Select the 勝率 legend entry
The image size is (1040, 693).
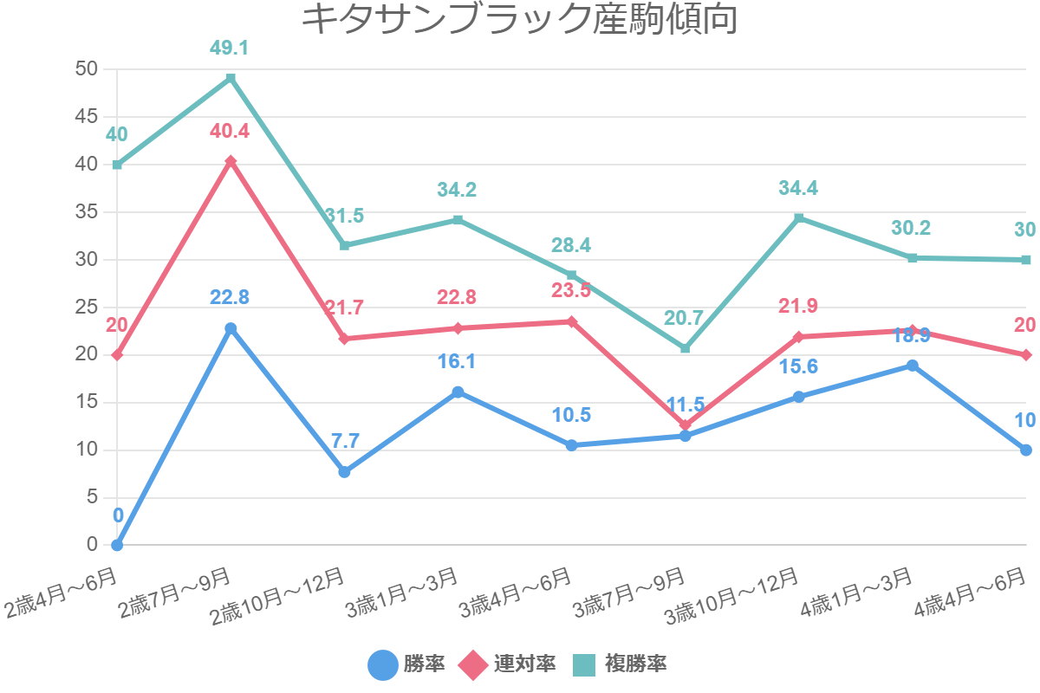407,664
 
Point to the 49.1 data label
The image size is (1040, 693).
230,48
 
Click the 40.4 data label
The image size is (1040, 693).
230,132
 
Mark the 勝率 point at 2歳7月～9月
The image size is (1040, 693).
231,328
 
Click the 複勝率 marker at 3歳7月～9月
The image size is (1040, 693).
685,348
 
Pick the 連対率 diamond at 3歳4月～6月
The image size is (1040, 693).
571,321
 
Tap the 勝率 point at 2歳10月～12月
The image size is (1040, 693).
344,472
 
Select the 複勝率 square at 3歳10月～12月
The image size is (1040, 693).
798,217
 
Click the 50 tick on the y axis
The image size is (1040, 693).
88,69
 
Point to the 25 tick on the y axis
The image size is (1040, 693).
88,307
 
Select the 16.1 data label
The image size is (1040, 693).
457,362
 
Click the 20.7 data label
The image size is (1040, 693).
684,318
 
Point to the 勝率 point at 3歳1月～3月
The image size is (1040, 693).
458,392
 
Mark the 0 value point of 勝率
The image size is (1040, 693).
117,545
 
